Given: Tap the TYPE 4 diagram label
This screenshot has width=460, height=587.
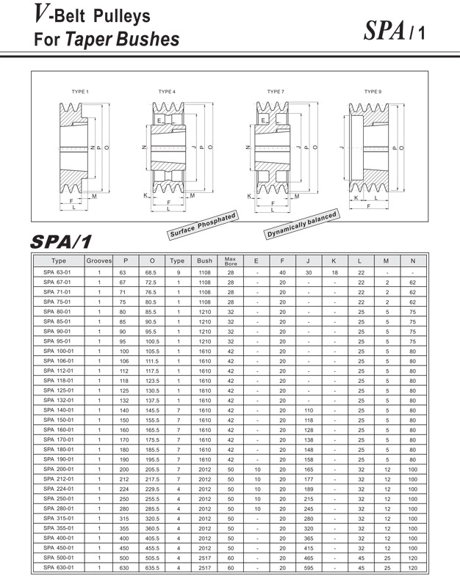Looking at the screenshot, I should pos(167,92).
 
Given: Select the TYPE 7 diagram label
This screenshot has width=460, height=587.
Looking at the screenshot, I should pos(275,92).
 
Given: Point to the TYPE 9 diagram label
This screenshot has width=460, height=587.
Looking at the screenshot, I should pos(373,92).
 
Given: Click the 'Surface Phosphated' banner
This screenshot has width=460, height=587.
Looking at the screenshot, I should pos(202,225).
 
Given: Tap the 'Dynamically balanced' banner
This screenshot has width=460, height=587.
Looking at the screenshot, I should pos(302,224).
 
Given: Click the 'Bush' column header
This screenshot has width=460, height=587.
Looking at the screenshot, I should pos(204,260).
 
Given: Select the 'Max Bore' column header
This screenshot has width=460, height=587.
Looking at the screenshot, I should pos(230,260).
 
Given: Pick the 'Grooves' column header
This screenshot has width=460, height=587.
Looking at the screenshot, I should pos(99,260).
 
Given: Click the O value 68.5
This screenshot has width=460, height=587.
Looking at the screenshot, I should pos(151,273).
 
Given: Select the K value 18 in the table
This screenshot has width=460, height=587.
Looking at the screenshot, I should pos(334,273).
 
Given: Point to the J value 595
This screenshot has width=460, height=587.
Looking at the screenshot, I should pos(309,566).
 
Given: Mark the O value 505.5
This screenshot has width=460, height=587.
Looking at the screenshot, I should pos(151,557).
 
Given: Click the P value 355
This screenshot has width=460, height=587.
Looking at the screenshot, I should pos(126,528).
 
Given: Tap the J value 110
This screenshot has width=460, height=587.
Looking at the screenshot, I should pos(309,410).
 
